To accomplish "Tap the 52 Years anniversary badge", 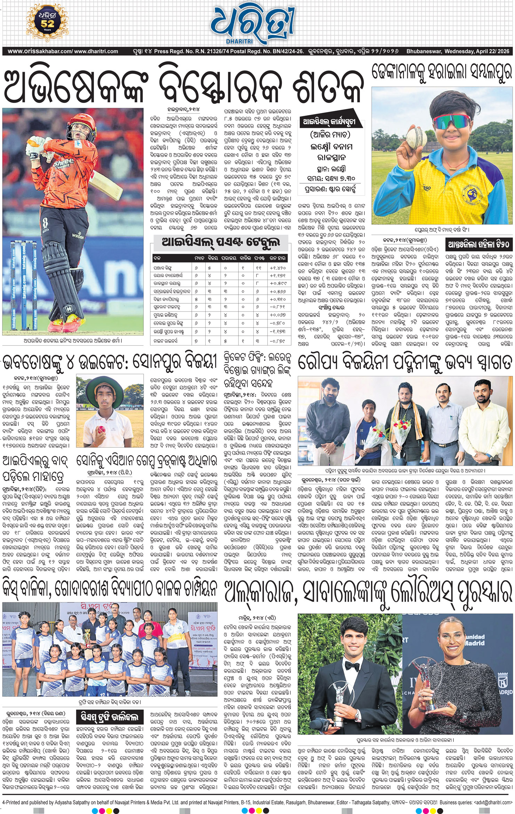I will point(47,23).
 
